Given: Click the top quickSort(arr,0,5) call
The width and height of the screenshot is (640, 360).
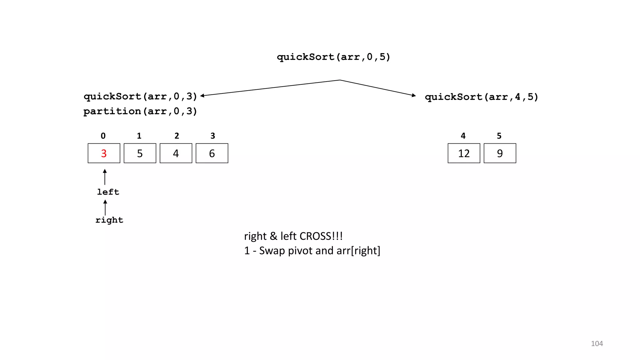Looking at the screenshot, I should point(333,57).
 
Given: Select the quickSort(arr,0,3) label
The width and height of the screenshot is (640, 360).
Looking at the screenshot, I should point(140,96).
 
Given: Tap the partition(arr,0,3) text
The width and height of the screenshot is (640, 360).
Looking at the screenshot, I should point(140,111).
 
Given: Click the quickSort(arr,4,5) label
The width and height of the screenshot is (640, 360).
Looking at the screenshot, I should point(482,97).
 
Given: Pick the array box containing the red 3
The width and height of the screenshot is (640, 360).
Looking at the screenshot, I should point(104,153).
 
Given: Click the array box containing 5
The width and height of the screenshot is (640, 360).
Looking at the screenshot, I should point(140,153).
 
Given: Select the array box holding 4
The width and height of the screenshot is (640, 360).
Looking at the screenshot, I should point(176,153).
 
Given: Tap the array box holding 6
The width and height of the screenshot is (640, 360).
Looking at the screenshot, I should point(212,153).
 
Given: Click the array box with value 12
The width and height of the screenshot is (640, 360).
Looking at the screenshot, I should point(464,153).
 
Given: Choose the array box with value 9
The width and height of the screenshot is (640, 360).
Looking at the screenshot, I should point(500,153).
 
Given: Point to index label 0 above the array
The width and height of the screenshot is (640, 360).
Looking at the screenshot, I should point(103,136).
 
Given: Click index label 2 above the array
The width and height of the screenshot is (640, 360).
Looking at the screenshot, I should point(177,136).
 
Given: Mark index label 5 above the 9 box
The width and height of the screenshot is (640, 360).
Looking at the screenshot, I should point(499,136).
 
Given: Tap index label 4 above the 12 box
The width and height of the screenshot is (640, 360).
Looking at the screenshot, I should point(463,136).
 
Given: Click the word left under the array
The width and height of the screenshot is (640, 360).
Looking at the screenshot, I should point(108,192).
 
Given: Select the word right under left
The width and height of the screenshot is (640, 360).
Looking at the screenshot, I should point(109,220).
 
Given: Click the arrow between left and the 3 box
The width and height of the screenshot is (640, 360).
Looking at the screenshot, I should point(105,177).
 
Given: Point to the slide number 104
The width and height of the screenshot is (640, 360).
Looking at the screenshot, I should point(597,343).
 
